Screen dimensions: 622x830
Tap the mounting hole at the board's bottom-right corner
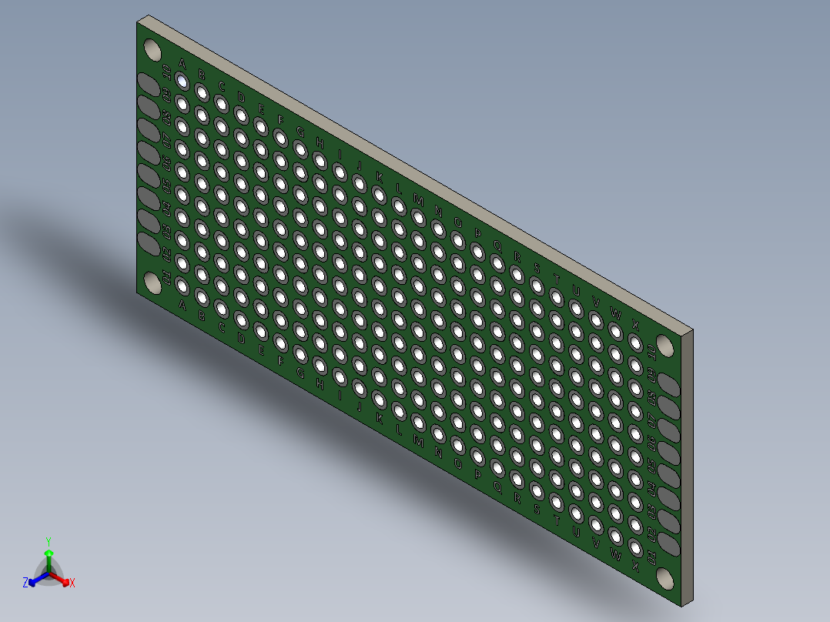[x=664, y=579]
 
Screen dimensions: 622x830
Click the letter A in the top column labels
[x=182, y=62]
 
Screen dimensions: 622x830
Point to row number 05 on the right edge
[x=651, y=466]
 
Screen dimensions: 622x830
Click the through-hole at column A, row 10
[x=182, y=80]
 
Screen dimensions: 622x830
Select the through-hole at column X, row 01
[x=635, y=548]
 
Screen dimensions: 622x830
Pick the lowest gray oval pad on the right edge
[x=668, y=544]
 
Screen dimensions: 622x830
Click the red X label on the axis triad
[x=72, y=584]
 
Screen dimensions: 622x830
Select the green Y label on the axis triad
[x=49, y=540]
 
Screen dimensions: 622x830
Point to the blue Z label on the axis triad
[x=25, y=583]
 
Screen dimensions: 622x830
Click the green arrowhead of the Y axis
[x=49, y=553]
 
